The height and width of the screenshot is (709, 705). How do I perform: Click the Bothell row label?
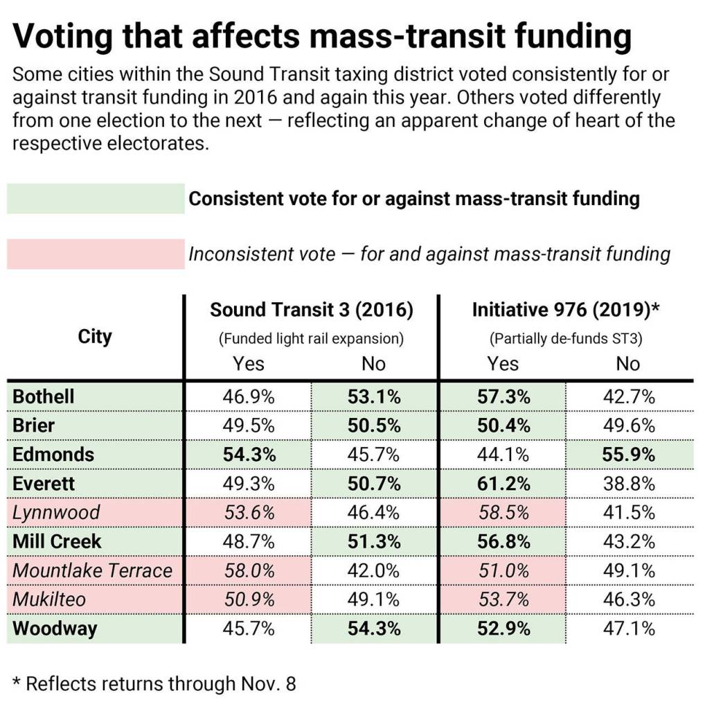coord(44,397)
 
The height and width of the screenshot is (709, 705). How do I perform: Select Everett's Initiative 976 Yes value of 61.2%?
coord(503,484)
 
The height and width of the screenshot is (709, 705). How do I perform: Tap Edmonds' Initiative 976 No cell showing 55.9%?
coord(628,455)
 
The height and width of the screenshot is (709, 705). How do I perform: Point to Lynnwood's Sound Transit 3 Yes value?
coord(248,513)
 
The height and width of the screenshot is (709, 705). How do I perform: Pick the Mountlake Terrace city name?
coord(92,571)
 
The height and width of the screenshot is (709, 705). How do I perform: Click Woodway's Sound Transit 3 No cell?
coord(374,629)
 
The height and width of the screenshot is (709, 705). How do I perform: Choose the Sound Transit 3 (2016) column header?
coord(311,310)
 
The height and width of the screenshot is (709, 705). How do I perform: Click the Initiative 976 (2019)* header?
coord(565,310)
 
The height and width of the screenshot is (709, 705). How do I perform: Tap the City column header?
coord(95,337)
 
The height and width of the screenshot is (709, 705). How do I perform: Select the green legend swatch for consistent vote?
coord(96,199)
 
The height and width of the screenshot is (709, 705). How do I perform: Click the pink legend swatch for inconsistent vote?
coord(96,254)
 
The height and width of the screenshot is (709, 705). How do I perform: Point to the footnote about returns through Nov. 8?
coord(154,683)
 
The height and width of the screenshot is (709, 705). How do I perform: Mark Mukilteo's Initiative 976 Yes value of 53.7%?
coord(503,600)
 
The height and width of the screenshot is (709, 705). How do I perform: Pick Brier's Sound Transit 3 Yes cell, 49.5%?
coord(248,426)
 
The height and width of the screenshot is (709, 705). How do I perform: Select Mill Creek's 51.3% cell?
coord(374,542)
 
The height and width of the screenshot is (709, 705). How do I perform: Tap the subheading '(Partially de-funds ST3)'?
coord(565,339)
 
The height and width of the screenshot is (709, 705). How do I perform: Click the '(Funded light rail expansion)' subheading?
coord(311,339)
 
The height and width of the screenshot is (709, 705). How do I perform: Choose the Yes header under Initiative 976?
coord(503,363)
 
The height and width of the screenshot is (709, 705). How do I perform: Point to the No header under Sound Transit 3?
coord(374,363)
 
